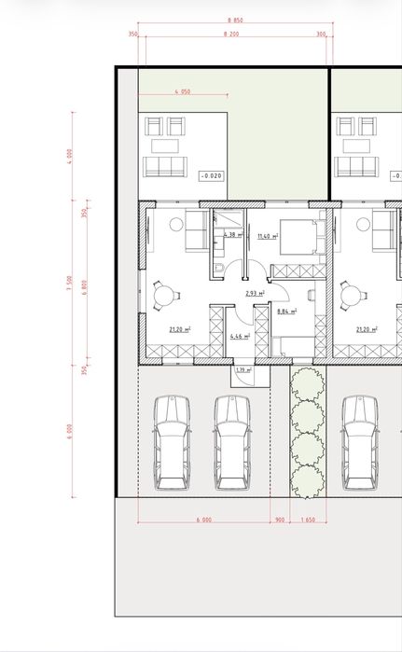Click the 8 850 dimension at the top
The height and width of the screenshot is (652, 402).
click(x=235, y=20)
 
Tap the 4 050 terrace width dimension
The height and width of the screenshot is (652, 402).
click(x=182, y=92)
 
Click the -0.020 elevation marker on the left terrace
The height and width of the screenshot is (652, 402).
click(x=212, y=175)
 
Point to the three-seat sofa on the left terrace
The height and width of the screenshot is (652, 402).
click(x=163, y=167)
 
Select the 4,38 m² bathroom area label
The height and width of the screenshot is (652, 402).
click(x=233, y=235)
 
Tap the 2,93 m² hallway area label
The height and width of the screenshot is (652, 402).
click(x=255, y=294)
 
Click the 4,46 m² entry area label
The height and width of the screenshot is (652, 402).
click(x=238, y=335)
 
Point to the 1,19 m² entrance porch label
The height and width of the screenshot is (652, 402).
click(x=243, y=370)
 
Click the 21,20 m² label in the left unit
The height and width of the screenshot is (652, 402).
click(x=179, y=329)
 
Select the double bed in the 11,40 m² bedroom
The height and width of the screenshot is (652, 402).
click(x=298, y=238)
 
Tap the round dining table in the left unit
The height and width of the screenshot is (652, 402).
click(x=165, y=295)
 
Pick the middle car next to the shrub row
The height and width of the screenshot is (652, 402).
click(x=232, y=443)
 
